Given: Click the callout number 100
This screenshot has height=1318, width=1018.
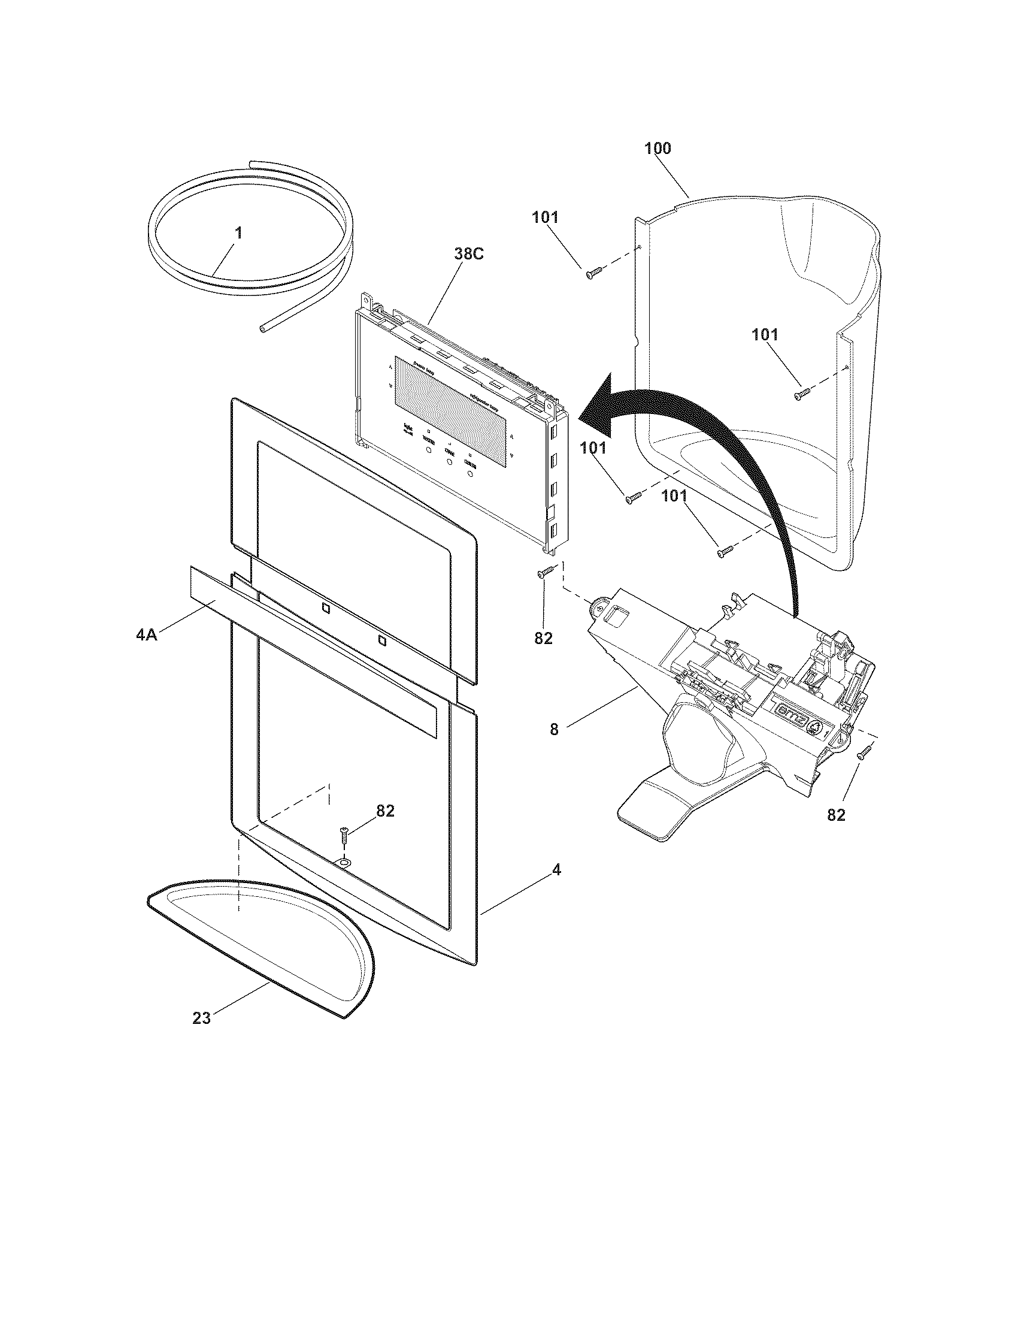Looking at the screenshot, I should click(658, 149).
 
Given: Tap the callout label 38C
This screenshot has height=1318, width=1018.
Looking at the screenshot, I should click(469, 254).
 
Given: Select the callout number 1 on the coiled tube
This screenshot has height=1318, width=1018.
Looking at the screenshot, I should click(239, 233).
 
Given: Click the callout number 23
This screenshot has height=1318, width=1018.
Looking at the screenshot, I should click(201, 1018).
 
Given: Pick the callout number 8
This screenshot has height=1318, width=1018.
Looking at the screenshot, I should click(555, 729).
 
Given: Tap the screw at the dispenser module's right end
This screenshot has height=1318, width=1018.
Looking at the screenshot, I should click(865, 752).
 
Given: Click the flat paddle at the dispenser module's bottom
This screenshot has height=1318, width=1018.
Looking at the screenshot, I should click(658, 809).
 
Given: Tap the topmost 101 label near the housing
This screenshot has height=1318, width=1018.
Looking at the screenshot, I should click(544, 218).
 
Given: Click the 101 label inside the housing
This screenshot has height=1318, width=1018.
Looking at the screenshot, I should click(765, 334).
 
